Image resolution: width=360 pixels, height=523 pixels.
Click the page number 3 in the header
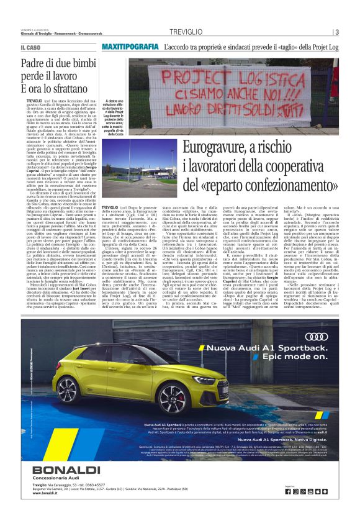click(x=336, y=32)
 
